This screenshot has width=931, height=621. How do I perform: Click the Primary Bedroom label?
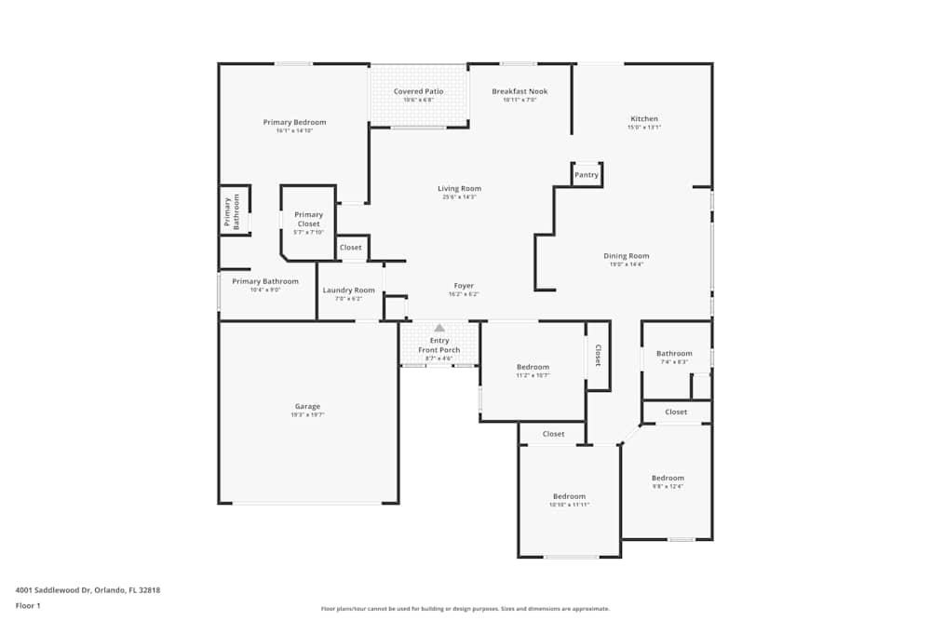click(x=294, y=123)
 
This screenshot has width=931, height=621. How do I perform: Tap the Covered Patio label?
click(x=418, y=91)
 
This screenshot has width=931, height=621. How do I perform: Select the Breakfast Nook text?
click(x=519, y=91)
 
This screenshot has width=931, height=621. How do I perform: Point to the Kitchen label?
click(x=644, y=119)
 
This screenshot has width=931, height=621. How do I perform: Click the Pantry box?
click(x=587, y=175)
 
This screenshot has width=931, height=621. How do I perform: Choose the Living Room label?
click(x=459, y=189)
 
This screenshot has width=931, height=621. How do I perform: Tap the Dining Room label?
click(x=627, y=256)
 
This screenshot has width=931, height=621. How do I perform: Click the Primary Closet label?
click(x=308, y=220)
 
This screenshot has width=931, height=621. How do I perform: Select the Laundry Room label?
click(x=349, y=290)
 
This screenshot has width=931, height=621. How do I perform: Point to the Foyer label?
click(x=464, y=286)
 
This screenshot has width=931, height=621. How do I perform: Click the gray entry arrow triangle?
click(x=439, y=328)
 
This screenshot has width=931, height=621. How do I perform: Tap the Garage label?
click(x=308, y=407)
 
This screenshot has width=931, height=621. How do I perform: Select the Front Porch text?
click(x=439, y=350)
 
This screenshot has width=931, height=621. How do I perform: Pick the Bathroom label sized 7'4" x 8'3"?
click(x=674, y=354)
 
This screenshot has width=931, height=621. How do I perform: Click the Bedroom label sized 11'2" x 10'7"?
click(x=533, y=367)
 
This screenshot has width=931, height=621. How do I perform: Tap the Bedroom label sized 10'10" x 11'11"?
click(x=569, y=496)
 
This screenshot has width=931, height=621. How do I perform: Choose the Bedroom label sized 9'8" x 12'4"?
click(x=668, y=479)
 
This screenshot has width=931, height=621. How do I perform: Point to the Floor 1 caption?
click(x=29, y=605)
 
